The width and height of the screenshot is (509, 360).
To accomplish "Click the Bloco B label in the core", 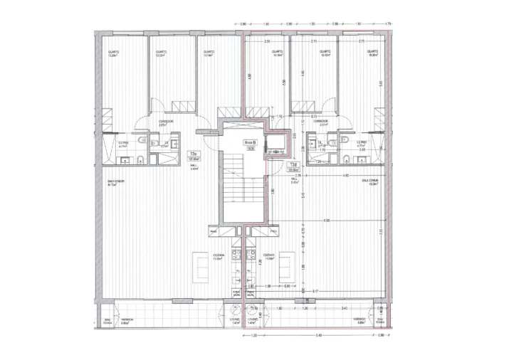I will point(250,143).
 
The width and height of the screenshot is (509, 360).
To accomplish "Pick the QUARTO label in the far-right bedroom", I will point(370,53).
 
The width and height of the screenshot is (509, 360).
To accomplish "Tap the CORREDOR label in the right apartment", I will point(320,123).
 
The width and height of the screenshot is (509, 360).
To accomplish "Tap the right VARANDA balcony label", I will point(362,321).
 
